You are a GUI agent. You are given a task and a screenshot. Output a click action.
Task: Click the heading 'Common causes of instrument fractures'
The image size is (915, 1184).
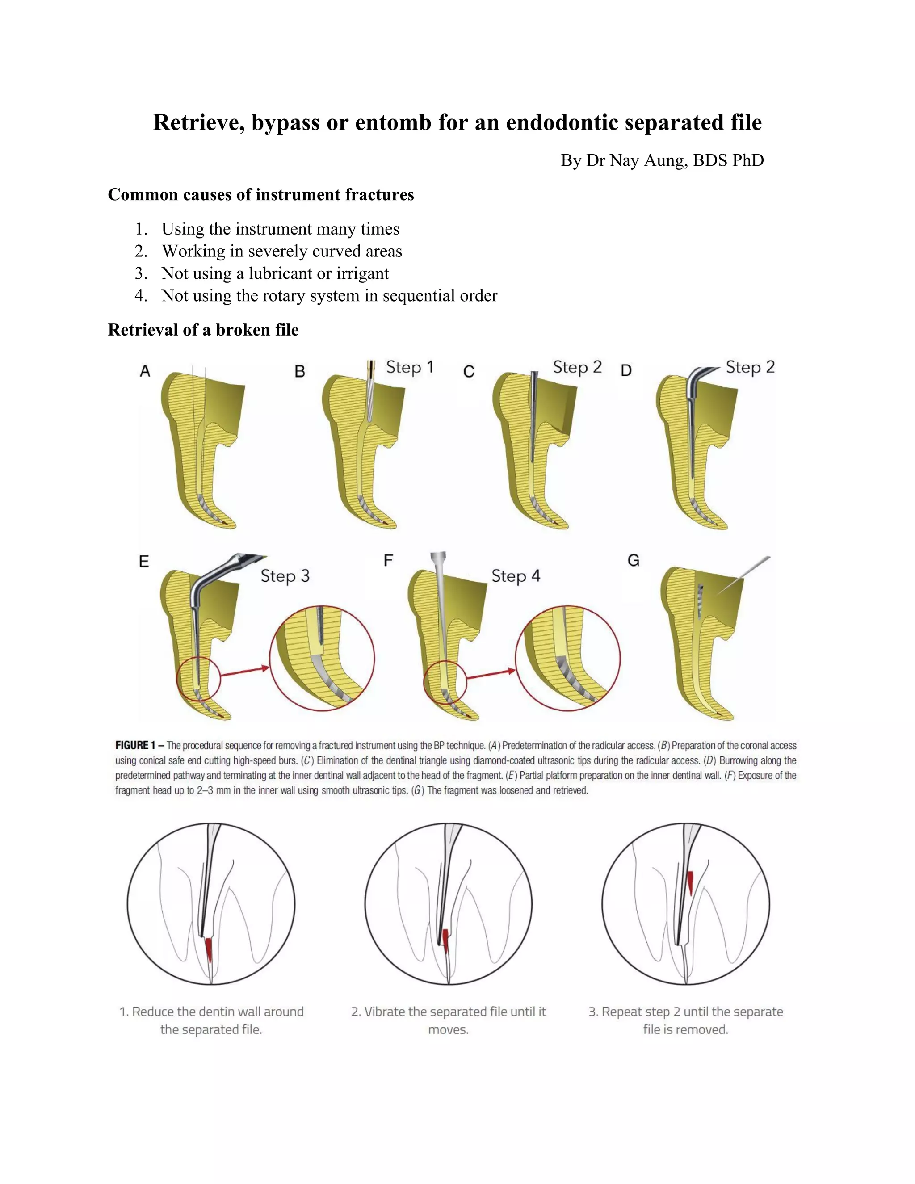tap(261, 195)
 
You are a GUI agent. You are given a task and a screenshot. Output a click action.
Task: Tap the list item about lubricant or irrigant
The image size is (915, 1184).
tap(275, 273)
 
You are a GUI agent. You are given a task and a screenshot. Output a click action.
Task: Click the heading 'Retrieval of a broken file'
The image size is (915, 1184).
tap(203, 330)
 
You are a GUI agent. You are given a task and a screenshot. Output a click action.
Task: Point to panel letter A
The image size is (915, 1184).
tap(145, 371)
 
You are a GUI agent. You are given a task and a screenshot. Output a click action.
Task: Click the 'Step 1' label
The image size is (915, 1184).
tap(410, 368)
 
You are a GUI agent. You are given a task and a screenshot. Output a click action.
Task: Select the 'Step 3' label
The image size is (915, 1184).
tap(285, 576)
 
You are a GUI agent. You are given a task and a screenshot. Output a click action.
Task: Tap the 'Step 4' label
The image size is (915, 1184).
tap(516, 576)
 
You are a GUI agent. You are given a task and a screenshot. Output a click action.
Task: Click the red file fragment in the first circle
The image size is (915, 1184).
tap(209, 950)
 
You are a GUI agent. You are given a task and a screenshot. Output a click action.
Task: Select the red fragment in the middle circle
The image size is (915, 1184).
tap(445, 941)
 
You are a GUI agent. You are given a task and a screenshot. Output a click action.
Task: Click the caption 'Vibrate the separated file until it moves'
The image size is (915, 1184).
tap(448, 1020)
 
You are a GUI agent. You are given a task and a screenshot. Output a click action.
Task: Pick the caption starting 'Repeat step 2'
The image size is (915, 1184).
tap(686, 1020)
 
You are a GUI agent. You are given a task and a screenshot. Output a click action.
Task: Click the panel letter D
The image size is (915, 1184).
tap(626, 371)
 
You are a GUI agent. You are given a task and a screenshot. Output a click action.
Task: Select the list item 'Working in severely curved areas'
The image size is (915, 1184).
tap(281, 251)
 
